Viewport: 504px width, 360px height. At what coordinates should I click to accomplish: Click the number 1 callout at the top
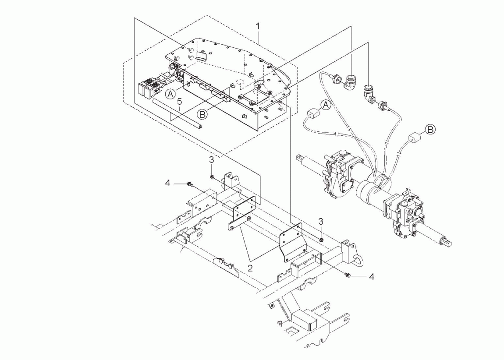(x=258, y=26)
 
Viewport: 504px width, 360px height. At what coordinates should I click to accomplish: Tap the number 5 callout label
(x=179, y=102)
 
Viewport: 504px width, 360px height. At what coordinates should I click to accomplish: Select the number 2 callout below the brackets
(x=250, y=268)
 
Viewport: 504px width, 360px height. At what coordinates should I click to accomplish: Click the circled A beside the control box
(x=170, y=94)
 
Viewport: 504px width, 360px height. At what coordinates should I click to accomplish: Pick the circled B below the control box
(x=202, y=114)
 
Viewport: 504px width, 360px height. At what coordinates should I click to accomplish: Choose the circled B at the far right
(x=430, y=130)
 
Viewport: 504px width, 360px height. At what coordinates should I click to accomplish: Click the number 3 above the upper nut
(x=212, y=160)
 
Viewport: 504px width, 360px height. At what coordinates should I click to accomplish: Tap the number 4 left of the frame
(x=167, y=184)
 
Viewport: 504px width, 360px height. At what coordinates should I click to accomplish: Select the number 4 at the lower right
(x=372, y=276)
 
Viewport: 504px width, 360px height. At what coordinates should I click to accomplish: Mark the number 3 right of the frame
(x=320, y=221)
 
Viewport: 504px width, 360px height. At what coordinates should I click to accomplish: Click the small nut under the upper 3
(x=212, y=176)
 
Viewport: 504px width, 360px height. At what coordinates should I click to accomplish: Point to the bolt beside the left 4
(x=190, y=184)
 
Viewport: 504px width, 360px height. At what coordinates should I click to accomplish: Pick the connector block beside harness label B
(x=414, y=138)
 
